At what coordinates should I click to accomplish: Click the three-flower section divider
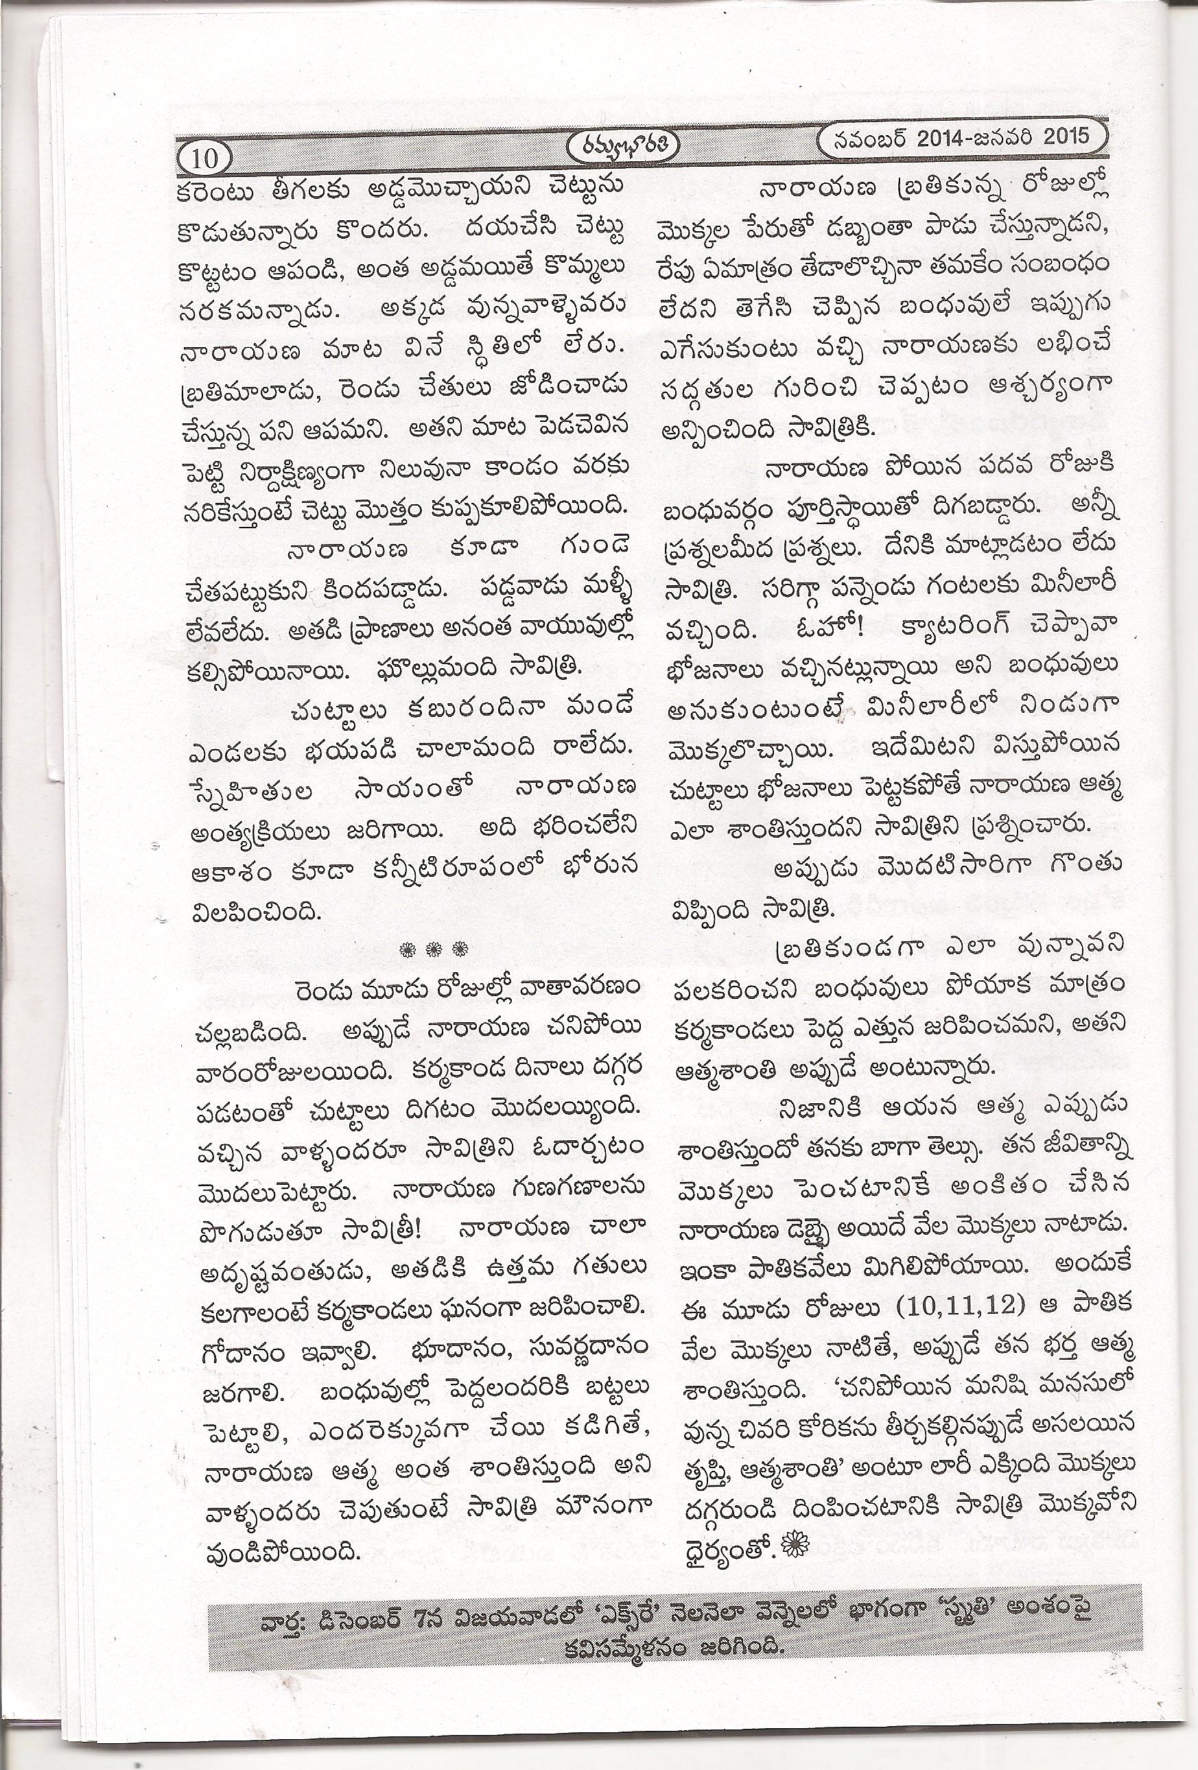click(434, 949)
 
